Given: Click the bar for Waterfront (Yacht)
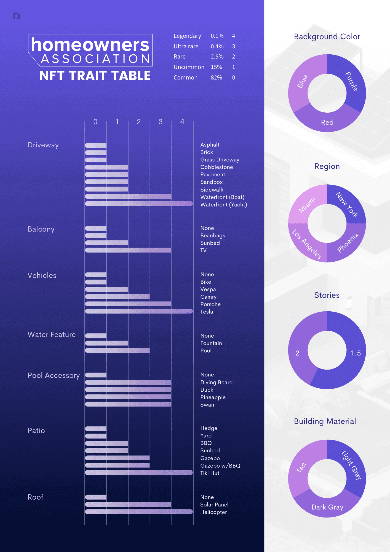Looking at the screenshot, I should click(139, 204).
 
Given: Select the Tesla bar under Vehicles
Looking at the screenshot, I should click(139, 311).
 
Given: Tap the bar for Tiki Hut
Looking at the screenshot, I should click(139, 473).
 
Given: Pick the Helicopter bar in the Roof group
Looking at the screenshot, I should click(139, 512).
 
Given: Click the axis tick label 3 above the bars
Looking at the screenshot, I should click(161, 122).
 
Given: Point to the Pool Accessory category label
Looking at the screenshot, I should click(54, 375).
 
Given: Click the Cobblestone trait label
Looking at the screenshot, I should click(217, 167).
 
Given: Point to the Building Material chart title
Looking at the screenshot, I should click(325, 421).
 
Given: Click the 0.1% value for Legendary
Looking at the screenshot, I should click(217, 36).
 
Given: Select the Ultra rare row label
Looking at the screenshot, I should click(186, 46).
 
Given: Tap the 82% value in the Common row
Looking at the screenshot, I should click(216, 78).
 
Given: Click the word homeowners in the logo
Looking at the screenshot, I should click(90, 45).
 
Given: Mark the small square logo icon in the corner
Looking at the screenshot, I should click(17, 16).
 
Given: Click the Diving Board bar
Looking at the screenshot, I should click(128, 382).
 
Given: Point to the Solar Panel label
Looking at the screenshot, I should click(214, 505).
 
